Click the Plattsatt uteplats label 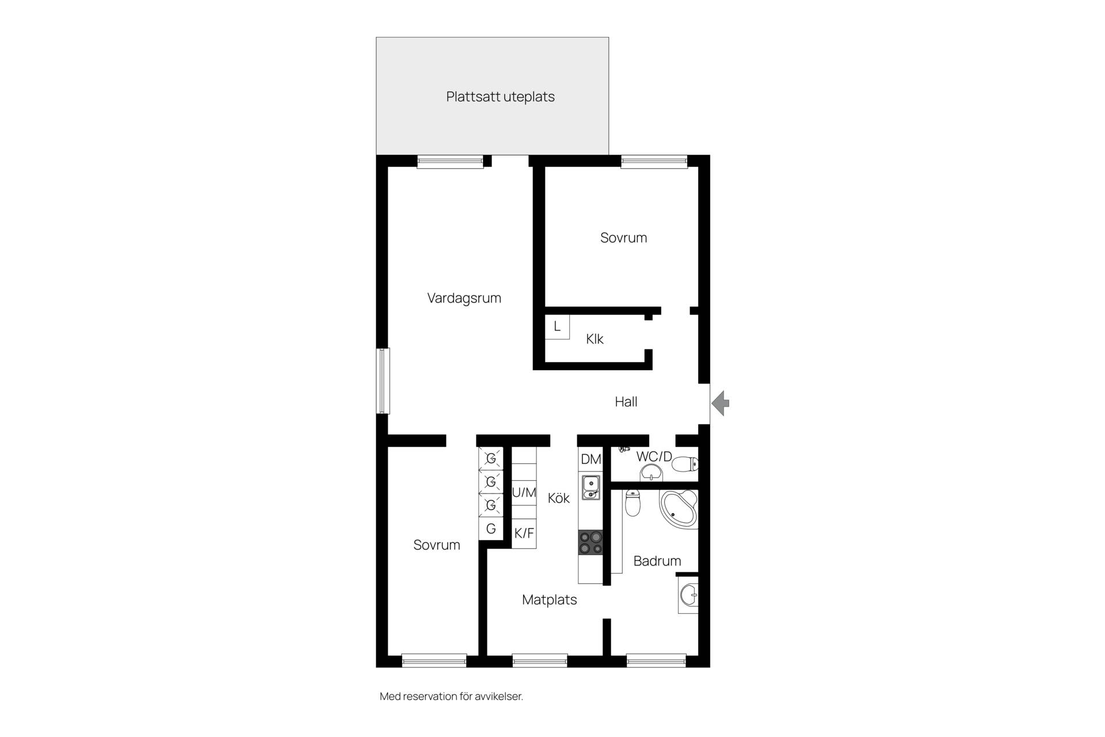[x=500, y=97]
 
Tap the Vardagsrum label [x=464, y=298]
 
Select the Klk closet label [x=595, y=339]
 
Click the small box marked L [x=557, y=327]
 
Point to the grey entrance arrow [x=721, y=403]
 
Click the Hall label [x=626, y=402]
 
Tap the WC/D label [x=654, y=457]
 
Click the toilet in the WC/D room [x=685, y=464]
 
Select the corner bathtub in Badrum [x=679, y=509]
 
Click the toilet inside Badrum [x=632, y=503]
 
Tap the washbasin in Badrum [x=688, y=595]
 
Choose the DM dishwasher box [x=590, y=459]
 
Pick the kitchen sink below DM [x=590, y=487]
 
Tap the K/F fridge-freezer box [x=524, y=534]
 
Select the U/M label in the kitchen [x=524, y=493]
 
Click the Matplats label [x=549, y=600]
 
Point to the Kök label [x=558, y=498]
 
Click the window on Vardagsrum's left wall [x=383, y=381]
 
